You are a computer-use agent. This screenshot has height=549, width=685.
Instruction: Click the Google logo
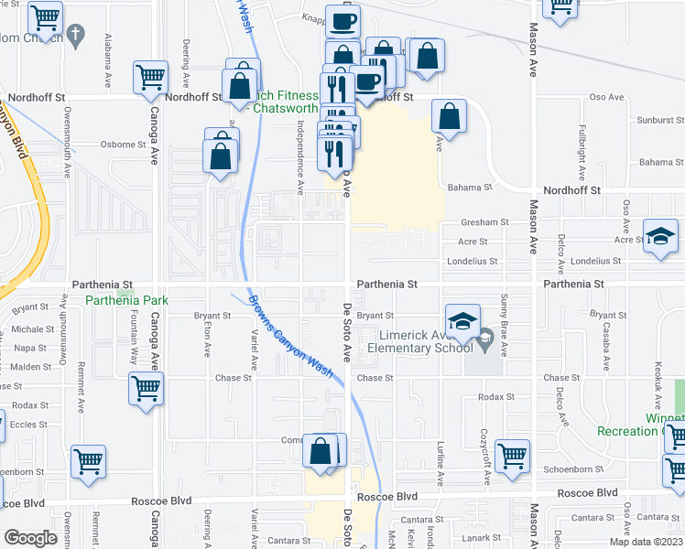click(x=30, y=537)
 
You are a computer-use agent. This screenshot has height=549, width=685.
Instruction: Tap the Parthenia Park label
click(x=123, y=300)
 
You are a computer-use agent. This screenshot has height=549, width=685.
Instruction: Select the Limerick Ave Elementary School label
click(x=421, y=340)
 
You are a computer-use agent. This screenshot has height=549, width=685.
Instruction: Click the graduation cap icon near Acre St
click(x=659, y=237)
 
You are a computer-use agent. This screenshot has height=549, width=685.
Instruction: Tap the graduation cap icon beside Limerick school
click(x=462, y=321)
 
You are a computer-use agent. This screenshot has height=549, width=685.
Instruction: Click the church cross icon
click(x=77, y=36)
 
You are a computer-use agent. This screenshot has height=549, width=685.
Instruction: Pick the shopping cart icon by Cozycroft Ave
click(x=512, y=455)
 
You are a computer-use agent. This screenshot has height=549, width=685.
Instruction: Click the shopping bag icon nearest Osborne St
click(x=222, y=155)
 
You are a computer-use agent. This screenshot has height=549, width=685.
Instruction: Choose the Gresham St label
click(x=484, y=222)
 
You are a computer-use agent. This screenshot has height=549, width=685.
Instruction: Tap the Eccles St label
click(x=29, y=425)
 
